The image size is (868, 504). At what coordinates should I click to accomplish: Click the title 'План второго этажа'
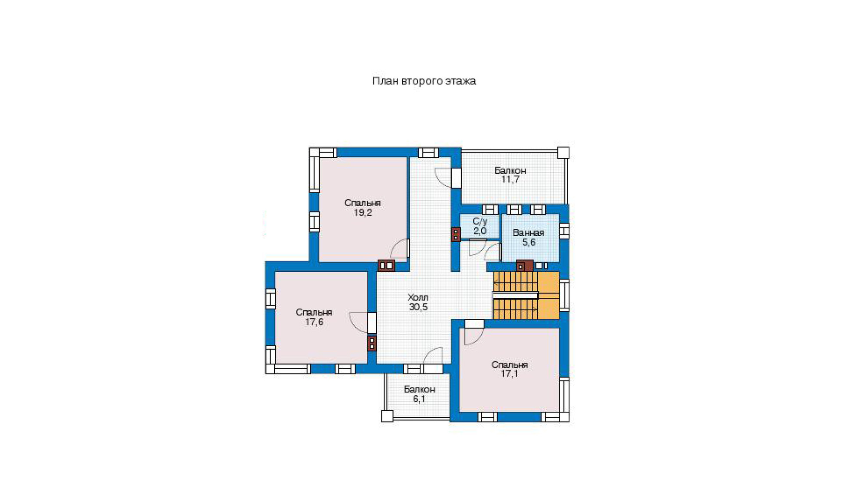click(424, 81)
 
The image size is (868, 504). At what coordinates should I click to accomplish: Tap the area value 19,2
click(363, 213)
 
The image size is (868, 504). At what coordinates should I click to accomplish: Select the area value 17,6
click(314, 322)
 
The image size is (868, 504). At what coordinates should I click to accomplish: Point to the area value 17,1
click(510, 374)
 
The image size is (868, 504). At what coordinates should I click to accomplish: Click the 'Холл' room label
click(418, 298)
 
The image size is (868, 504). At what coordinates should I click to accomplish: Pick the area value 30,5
click(418, 307)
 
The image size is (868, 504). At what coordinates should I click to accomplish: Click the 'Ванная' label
click(529, 233)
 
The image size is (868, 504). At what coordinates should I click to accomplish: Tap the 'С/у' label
click(480, 221)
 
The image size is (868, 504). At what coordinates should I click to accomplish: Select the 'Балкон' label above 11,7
click(510, 171)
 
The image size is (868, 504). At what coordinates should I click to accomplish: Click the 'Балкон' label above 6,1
click(419, 389)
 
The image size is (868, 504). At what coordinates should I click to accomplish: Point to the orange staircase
click(526, 296)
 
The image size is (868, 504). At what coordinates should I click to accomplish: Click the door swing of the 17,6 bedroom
click(358, 323)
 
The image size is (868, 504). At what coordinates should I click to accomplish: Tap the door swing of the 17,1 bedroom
click(474, 336)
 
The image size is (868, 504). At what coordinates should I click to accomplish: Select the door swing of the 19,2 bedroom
click(399, 249)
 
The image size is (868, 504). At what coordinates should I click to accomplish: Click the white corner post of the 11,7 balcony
click(563, 153)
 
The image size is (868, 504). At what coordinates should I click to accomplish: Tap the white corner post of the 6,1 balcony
click(387, 416)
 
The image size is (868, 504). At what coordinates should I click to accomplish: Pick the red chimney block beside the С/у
click(456, 234)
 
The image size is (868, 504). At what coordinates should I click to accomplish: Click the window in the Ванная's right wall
click(564, 231)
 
